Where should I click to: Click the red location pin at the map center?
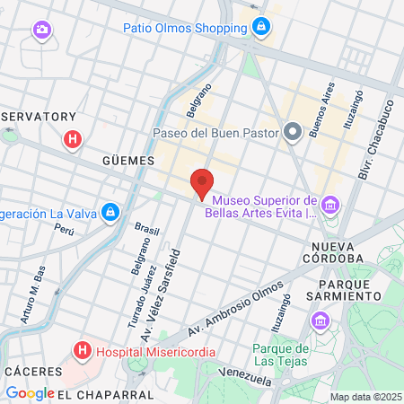[202, 183]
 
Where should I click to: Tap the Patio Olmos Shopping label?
[184, 27]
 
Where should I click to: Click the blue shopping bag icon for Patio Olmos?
[260, 28]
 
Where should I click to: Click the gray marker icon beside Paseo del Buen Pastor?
[292, 133]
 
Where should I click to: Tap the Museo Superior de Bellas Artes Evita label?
[265, 206]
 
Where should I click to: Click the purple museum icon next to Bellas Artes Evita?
[330, 206]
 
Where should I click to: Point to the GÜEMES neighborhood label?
[128, 160]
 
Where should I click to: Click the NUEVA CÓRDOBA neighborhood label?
[338, 251]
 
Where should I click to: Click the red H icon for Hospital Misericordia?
[83, 349]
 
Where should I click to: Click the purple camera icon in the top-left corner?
[41, 31]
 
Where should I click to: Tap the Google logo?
[30, 393]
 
